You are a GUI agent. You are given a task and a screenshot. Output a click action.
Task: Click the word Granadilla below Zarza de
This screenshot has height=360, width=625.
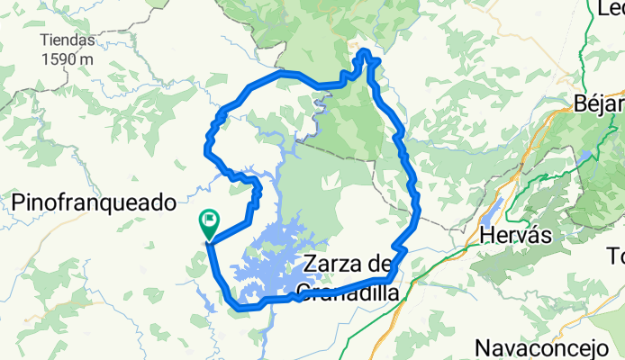coord(342,290)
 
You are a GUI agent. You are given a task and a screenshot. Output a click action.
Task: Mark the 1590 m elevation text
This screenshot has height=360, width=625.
coord(68,58)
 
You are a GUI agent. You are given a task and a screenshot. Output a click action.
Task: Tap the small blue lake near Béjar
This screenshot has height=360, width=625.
coord(587,155)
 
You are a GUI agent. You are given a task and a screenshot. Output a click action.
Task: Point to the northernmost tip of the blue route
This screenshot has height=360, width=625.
coord(364,53)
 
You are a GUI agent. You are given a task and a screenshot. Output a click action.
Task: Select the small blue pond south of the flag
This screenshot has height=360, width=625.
coord(208,305)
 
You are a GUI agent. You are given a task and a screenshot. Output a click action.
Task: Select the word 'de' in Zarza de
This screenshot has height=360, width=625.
coord(382,265)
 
